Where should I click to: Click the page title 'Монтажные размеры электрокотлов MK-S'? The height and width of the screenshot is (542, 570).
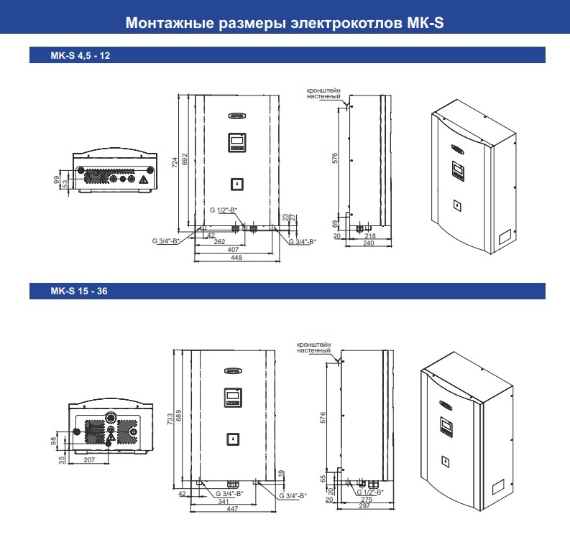click(285, 23)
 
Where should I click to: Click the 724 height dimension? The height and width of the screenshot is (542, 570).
click(174, 163)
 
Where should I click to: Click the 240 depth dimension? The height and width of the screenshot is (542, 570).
click(369, 243)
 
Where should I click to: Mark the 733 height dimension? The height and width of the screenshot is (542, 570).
click(170, 420)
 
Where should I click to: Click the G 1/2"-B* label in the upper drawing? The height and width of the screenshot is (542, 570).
click(224, 210)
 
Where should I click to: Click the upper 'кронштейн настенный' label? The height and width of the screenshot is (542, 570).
click(323, 93)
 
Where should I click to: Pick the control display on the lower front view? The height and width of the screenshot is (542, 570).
click(231, 398)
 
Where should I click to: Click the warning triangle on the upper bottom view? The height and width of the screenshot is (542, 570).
click(145, 179)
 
